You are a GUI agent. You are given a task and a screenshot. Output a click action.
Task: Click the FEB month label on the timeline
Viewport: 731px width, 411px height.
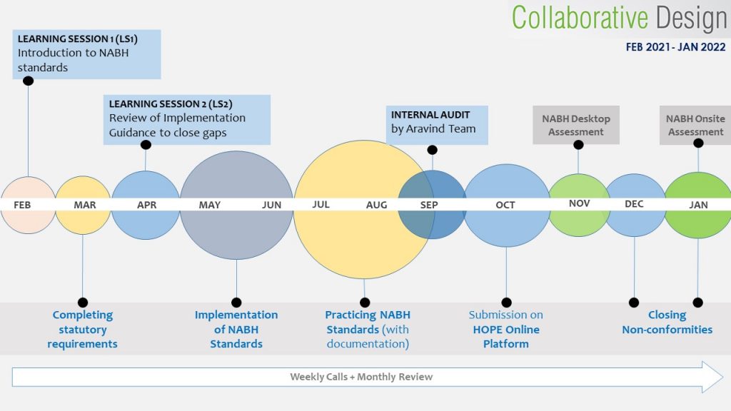22,205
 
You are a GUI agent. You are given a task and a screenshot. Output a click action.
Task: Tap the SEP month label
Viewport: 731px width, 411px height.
429,205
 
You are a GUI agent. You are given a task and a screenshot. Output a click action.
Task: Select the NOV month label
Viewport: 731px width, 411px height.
580,203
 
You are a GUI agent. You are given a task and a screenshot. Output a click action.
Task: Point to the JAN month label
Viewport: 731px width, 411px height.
698,205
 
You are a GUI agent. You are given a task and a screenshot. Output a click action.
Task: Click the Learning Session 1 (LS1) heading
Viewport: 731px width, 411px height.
77,39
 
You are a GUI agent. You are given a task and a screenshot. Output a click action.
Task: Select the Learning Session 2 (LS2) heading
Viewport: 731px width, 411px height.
171,104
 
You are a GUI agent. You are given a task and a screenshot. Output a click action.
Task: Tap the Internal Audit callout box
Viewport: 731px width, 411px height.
437,125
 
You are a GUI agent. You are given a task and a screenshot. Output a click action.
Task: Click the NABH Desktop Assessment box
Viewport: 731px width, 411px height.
576,126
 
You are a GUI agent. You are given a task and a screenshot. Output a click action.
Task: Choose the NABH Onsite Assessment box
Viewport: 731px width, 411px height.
695,126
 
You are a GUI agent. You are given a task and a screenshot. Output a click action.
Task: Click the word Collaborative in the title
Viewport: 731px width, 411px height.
580,18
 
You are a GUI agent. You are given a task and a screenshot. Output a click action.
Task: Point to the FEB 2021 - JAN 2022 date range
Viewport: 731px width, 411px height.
675,47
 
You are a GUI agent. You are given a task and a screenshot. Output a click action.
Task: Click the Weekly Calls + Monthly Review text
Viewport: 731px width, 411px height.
361,377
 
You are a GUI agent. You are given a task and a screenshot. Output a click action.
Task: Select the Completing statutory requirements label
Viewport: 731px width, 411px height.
83,329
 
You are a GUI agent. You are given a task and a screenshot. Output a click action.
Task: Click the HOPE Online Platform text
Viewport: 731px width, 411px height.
506,337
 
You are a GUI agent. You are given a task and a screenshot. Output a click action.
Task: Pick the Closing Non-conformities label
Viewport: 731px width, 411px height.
667,322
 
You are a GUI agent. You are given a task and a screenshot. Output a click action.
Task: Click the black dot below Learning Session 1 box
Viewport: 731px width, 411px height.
28,81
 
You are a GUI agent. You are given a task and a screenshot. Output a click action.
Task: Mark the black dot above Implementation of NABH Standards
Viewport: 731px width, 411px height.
236,303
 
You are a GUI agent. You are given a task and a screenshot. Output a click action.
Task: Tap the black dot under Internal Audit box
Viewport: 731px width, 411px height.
432,150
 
